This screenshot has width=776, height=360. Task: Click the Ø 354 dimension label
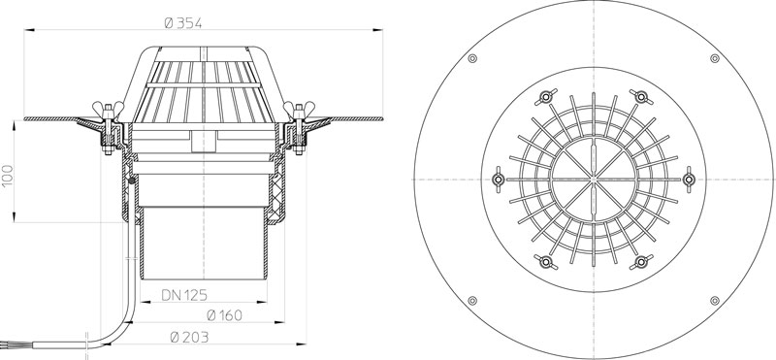pos(182,22)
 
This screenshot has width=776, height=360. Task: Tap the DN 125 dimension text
pos(184,295)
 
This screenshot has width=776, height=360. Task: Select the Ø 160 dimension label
pos(224,315)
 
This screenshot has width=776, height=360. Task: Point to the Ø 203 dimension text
pos(189,338)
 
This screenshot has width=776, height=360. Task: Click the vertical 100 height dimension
pos(8,176)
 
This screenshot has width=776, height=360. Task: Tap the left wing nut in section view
pos(108,108)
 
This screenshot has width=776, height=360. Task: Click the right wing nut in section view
pos(299,108)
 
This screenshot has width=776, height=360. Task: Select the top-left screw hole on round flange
pos(472,58)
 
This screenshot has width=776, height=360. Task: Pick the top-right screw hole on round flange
pos(715,58)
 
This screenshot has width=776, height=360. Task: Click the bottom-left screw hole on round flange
pos(472,301)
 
